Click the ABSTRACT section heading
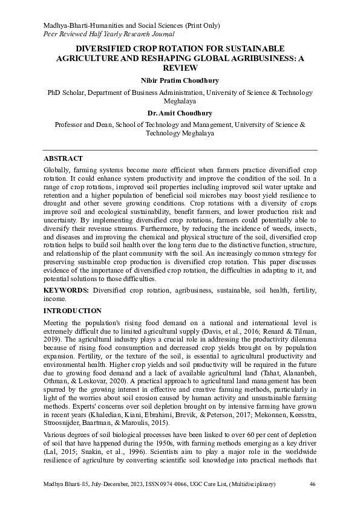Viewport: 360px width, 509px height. point(63,158)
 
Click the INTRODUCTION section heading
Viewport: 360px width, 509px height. point(73,310)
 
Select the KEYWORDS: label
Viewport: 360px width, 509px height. point(67,291)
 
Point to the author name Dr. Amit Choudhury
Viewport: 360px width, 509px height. point(180,112)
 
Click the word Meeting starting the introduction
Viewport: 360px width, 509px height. point(58,324)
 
